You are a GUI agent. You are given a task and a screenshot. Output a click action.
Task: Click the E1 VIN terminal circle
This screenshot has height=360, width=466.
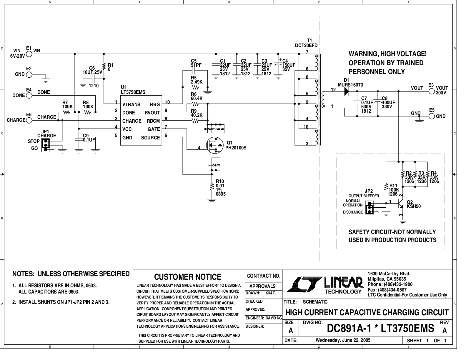(29, 54)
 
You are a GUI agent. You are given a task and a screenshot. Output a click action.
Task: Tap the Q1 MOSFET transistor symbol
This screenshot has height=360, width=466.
(215, 145)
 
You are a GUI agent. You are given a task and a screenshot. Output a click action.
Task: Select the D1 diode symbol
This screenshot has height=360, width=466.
(346, 91)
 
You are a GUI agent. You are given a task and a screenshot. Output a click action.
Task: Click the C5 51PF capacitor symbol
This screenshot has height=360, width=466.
(193, 71)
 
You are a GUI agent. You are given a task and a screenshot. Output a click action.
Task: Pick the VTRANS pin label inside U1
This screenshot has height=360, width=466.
(131, 104)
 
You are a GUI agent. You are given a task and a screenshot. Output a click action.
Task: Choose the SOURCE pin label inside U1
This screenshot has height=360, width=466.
(150, 138)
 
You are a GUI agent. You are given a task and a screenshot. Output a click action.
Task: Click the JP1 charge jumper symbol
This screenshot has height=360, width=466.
(46, 145)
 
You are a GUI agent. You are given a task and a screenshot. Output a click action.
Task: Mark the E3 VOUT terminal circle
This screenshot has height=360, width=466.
(432, 91)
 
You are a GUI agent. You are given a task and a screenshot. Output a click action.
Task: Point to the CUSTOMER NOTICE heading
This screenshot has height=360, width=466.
(188, 277)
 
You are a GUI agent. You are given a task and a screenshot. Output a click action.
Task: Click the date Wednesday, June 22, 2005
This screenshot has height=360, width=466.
(343, 340)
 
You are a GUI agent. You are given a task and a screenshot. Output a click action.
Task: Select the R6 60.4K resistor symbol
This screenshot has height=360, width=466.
(195, 104)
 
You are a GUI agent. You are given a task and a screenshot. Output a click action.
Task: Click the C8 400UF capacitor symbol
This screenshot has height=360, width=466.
(378, 101)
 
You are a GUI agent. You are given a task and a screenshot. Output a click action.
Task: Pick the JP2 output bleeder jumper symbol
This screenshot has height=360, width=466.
(369, 208)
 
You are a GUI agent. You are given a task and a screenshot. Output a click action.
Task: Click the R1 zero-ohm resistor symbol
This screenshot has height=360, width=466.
(104, 66)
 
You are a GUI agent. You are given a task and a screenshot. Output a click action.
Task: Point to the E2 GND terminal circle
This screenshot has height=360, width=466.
(29, 75)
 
